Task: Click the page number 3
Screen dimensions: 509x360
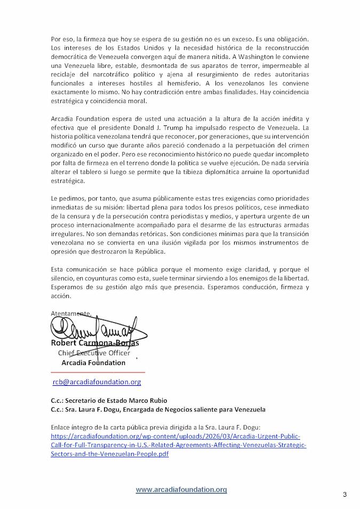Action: click(x=345, y=495)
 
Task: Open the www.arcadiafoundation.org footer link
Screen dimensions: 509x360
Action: click(x=181, y=489)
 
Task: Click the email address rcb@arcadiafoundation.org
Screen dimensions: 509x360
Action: click(x=97, y=382)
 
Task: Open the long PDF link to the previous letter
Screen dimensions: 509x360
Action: click(x=179, y=444)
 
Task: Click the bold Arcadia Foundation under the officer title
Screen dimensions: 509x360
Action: click(x=93, y=362)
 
